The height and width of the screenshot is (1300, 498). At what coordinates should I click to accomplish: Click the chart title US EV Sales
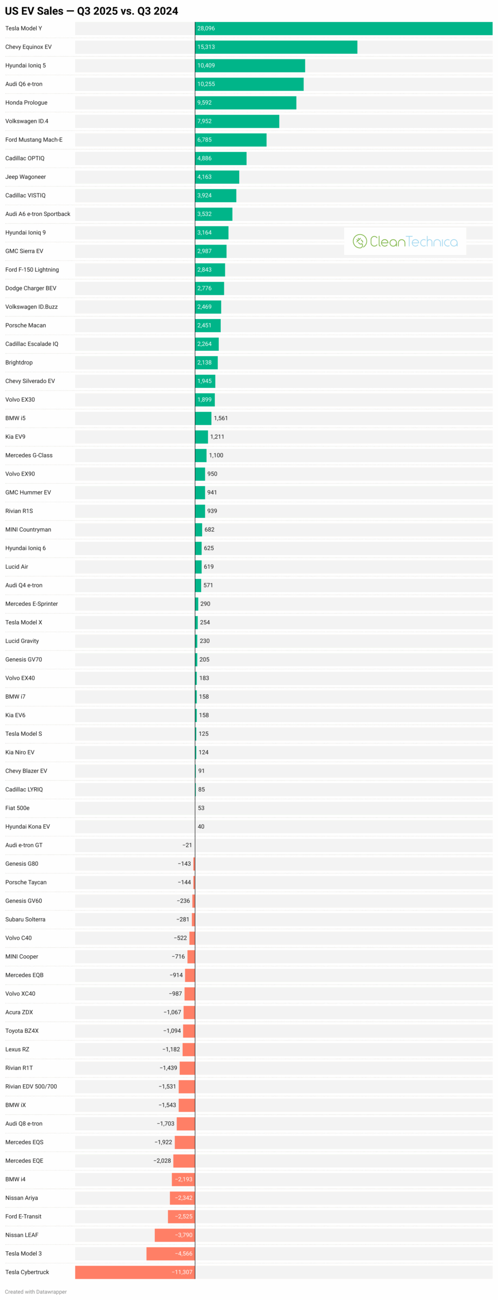point(91,11)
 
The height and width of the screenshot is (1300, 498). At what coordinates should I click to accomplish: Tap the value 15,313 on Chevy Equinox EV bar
point(206,47)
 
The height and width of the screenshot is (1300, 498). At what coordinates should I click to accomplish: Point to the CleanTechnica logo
point(405,241)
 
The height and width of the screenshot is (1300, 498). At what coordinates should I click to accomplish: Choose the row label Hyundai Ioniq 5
point(25,66)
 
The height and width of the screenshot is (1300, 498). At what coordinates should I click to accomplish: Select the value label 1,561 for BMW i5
point(221,418)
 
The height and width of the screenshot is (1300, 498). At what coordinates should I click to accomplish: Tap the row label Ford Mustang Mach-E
point(34,140)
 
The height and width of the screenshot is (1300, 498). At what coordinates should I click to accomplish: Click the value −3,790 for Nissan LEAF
point(184,1235)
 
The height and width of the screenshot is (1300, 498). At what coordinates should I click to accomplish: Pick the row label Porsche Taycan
point(26,883)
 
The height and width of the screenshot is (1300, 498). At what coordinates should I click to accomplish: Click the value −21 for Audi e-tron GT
point(187,846)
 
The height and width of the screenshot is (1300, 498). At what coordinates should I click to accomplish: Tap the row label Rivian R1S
point(19,511)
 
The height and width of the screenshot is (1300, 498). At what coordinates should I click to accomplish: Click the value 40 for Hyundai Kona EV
point(201,827)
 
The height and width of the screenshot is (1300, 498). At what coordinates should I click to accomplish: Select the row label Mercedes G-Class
point(29,456)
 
